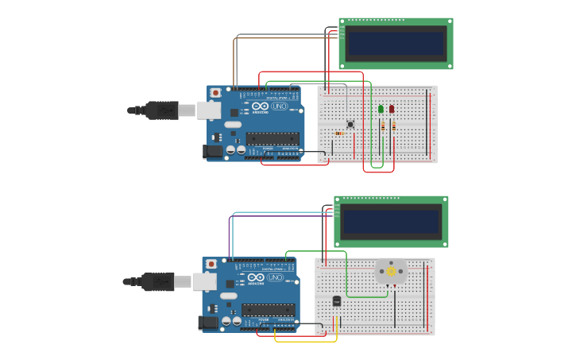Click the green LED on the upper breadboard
click(381, 109)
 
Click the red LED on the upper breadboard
click(392, 109)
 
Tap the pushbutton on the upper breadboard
click(350, 123)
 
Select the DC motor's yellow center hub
click(391, 272)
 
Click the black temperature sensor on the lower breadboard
click(336, 300)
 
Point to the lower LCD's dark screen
click(391, 221)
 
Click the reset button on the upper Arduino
click(215, 93)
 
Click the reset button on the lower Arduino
click(211, 264)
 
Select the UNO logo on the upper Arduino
click(279, 106)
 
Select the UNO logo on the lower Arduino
click(274, 277)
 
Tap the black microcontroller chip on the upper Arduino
click(273, 138)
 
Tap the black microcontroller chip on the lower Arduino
click(268, 309)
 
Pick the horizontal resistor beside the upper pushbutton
click(340, 133)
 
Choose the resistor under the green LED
click(383, 126)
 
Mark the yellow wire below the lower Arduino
click(306, 341)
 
